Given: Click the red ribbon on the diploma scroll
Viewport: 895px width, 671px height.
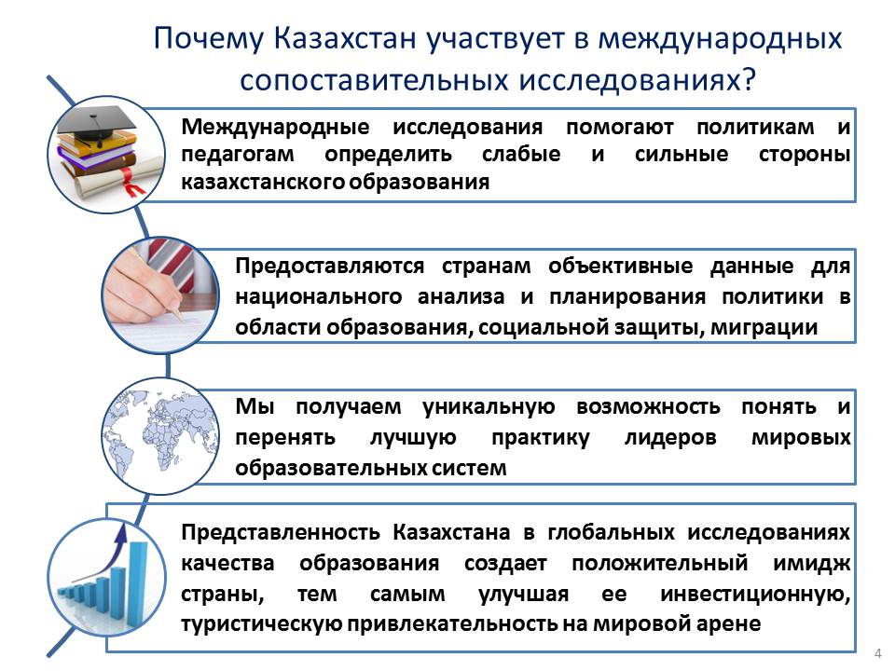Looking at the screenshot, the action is (131, 183).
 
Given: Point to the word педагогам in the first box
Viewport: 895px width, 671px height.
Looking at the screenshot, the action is (238, 156).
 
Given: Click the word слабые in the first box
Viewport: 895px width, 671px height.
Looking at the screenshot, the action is (521, 154).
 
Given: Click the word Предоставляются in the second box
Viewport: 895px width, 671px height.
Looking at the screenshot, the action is (330, 267).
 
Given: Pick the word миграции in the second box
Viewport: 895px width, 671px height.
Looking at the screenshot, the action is (764, 327).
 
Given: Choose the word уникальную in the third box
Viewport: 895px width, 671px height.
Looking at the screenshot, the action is (489, 407).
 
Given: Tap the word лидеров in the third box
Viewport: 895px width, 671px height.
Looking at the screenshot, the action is (670, 438).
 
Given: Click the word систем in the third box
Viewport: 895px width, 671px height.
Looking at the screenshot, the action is (469, 469).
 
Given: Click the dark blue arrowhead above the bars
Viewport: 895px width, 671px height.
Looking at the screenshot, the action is (121, 534).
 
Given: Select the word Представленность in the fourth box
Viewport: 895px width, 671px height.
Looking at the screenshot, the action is (281, 533).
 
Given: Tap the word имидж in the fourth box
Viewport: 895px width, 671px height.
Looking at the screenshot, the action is (812, 564).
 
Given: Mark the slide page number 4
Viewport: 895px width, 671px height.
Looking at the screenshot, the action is (878, 654).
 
